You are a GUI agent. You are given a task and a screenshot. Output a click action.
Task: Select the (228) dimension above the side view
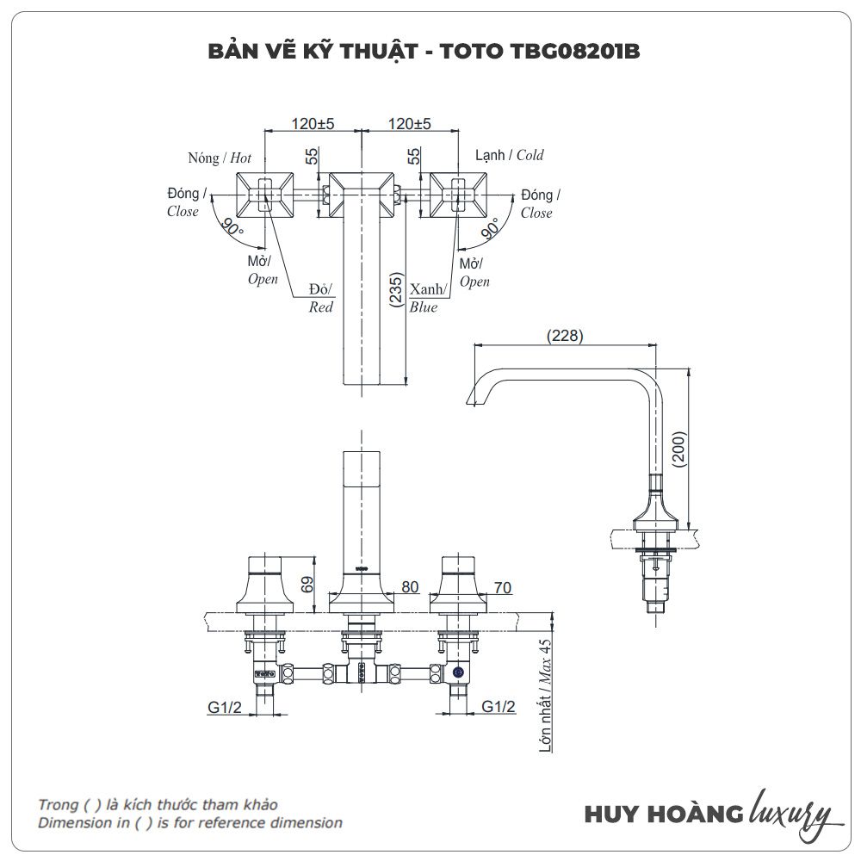coord(566,336)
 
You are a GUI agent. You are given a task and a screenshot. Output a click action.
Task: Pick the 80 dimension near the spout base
coord(410,587)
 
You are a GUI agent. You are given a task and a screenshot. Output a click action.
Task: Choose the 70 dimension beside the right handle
coord(503,587)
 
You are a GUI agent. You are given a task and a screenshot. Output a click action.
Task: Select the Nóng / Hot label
coord(220,158)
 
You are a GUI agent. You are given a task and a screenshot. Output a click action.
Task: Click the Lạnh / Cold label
coord(510,155)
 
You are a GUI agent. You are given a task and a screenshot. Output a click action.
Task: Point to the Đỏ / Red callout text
coord(321,297)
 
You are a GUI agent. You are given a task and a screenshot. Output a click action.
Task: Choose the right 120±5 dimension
coord(409,124)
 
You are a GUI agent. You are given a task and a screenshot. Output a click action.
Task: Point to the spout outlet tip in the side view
coord(470,398)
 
